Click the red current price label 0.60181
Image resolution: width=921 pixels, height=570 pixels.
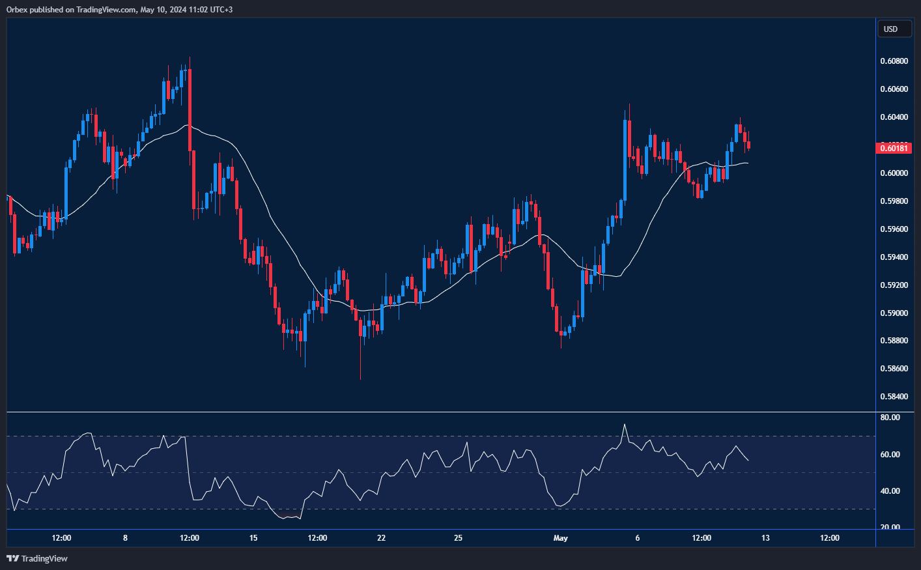coord(894,149)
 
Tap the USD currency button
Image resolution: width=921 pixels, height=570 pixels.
coord(894,29)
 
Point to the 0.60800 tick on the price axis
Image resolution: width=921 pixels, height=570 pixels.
coord(894,61)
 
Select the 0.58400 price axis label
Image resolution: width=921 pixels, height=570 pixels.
coord(894,397)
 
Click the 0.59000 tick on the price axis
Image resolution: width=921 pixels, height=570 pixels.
coord(894,313)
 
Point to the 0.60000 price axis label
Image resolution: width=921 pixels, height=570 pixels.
coord(894,173)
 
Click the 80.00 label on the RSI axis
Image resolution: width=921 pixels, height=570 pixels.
coord(890,418)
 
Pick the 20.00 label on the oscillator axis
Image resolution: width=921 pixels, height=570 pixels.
coord(890,528)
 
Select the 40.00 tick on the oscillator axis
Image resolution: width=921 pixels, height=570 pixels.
coord(890,491)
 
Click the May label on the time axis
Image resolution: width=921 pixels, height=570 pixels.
coord(560,538)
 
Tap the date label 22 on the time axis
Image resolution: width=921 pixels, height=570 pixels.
coord(381,538)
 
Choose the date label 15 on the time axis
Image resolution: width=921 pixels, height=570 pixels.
coord(253,538)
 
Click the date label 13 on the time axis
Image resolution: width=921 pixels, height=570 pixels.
coord(765,538)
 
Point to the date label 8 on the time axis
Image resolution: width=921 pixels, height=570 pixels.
coord(125,538)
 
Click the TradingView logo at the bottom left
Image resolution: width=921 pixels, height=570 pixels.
coord(37,558)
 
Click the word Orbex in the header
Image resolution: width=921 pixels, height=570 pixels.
coord(17,10)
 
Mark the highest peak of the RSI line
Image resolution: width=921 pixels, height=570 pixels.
coord(624,425)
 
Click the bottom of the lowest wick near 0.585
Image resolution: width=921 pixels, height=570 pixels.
coord(360,378)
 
